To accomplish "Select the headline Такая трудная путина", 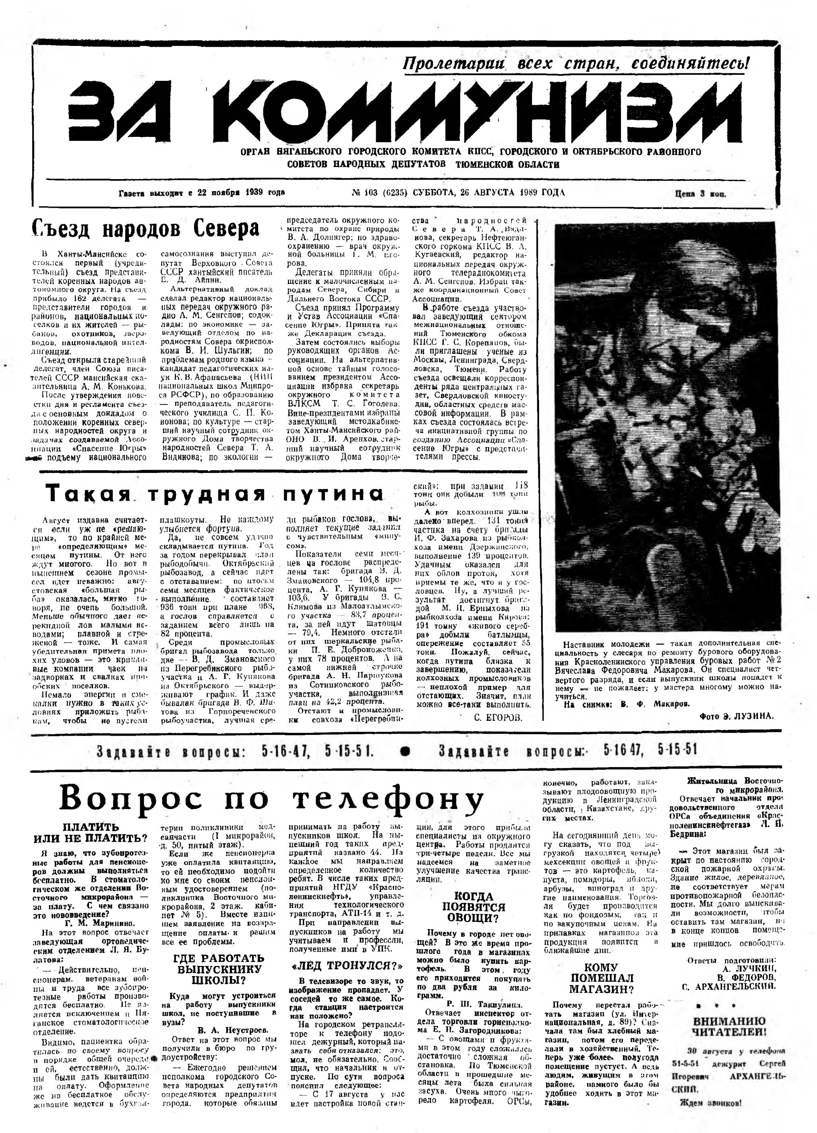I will click(215, 493).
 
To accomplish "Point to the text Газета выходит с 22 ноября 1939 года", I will click(201, 193).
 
